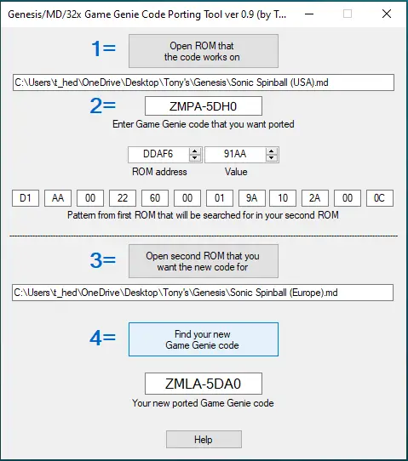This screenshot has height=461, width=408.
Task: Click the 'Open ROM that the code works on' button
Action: click(x=204, y=51)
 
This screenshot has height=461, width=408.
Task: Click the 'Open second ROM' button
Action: click(x=204, y=261)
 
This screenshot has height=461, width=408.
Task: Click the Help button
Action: click(x=204, y=440)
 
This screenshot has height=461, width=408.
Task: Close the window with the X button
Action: click(x=387, y=14)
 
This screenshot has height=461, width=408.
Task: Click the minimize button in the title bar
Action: click(x=309, y=14)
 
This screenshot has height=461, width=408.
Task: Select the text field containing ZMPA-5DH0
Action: click(x=204, y=106)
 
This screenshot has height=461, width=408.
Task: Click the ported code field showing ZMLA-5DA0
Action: click(x=204, y=384)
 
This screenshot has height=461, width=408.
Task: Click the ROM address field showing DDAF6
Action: click(x=158, y=154)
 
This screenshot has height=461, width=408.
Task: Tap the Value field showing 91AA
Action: click(x=235, y=154)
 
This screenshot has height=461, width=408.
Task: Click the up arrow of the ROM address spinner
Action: click(x=194, y=151)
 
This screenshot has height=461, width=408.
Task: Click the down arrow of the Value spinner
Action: click(x=272, y=158)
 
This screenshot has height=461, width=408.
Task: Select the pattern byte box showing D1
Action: click(x=26, y=198)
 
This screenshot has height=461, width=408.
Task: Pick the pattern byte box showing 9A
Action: click(x=251, y=198)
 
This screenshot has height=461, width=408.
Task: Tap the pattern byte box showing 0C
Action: click(x=380, y=198)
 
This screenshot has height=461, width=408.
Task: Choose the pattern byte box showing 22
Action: click(x=123, y=198)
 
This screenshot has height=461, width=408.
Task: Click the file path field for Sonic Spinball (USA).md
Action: click(x=204, y=83)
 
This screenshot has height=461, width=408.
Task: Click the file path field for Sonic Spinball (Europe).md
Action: click(x=203, y=293)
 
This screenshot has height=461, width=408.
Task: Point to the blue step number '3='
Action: click(x=103, y=260)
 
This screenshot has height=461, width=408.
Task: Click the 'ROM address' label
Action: click(x=159, y=172)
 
